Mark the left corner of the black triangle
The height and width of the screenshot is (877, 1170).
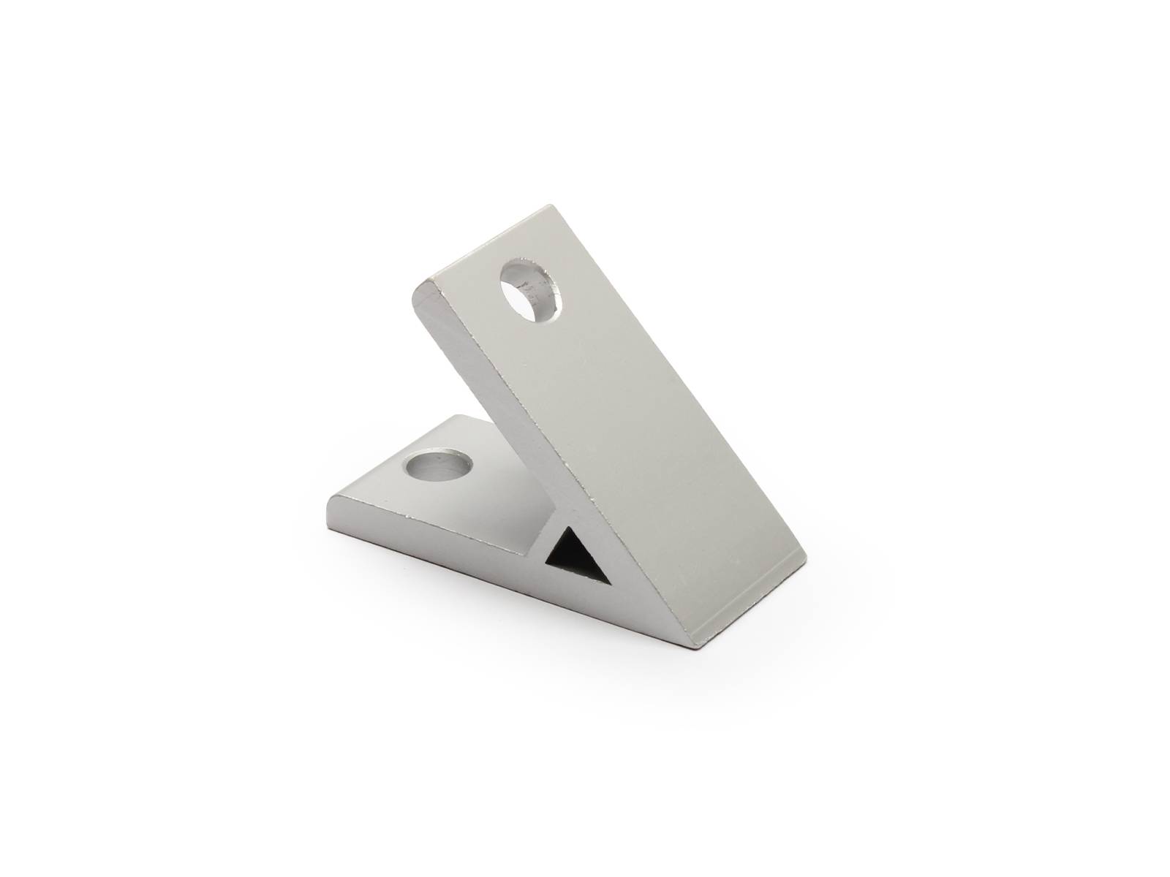click(547, 564)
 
